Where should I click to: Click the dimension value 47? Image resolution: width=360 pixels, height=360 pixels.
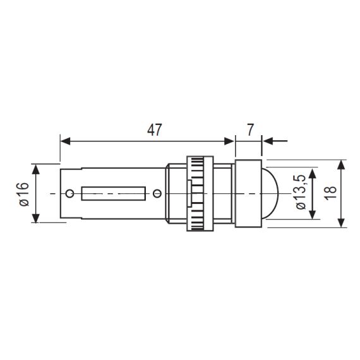(x=155, y=130)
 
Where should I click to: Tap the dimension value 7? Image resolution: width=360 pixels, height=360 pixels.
(x=250, y=129)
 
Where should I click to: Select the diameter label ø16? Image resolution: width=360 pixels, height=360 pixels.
(x=25, y=194)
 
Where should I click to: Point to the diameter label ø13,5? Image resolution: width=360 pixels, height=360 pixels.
(x=301, y=192)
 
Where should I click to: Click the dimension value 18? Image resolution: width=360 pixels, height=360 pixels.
(x=330, y=193)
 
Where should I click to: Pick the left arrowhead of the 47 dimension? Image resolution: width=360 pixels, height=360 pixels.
(x=65, y=141)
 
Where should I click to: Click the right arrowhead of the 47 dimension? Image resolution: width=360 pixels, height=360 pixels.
(x=229, y=141)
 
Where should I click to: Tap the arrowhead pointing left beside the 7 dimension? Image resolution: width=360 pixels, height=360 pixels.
(x=268, y=141)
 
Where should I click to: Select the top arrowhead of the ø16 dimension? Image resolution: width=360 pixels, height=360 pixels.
(x=35, y=169)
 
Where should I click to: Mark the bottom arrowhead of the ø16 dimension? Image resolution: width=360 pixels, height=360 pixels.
(x=35, y=218)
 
